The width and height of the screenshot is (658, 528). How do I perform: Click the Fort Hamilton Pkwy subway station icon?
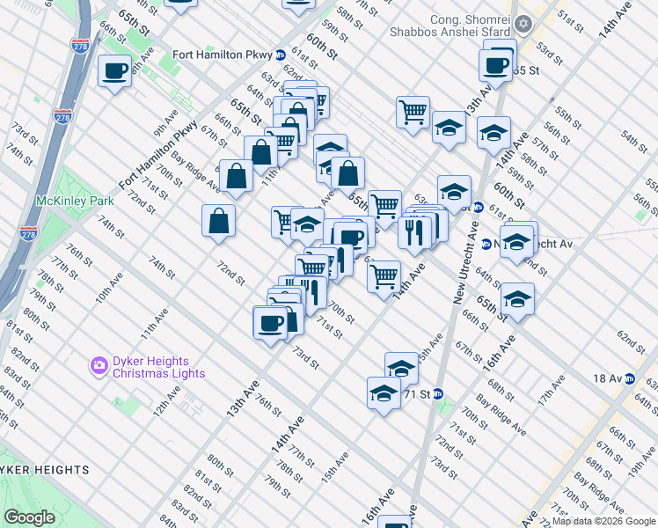pyautogui.click(x=280, y=55)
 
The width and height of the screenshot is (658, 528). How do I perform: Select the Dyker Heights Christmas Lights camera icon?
pyautogui.click(x=99, y=364)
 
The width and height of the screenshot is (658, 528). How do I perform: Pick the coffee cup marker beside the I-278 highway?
pyautogui.click(x=115, y=70)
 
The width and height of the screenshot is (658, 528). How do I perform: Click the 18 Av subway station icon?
pyautogui.click(x=630, y=378)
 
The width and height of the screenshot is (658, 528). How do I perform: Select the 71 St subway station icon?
pyautogui.click(x=437, y=393)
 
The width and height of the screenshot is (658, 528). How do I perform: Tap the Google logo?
pyautogui.click(x=29, y=517)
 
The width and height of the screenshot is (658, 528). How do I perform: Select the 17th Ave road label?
pyautogui.click(x=551, y=388)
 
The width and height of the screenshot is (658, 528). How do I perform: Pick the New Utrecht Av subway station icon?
pyautogui.click(x=486, y=244)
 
